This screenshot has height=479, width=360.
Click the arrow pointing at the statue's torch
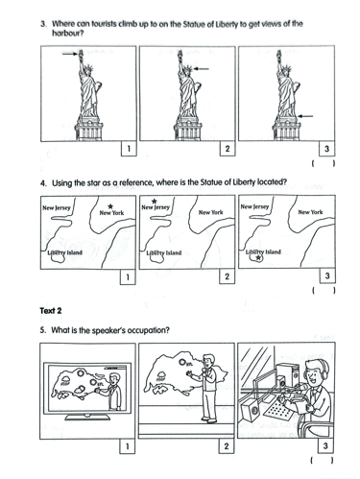70,54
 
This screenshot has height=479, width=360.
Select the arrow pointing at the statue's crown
202,68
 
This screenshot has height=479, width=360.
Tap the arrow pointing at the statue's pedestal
305,116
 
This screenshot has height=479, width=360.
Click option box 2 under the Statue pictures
228,149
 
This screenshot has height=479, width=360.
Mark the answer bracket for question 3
324,163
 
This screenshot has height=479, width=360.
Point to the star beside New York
110,206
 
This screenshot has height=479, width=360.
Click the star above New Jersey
155,202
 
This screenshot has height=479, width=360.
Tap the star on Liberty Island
259,257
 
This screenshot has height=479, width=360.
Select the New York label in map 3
310,212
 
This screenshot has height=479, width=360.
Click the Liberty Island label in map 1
64,252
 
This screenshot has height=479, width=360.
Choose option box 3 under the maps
327,275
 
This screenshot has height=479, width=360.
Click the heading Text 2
51,311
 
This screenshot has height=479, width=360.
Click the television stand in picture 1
87,417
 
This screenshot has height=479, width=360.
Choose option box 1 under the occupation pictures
127,446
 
